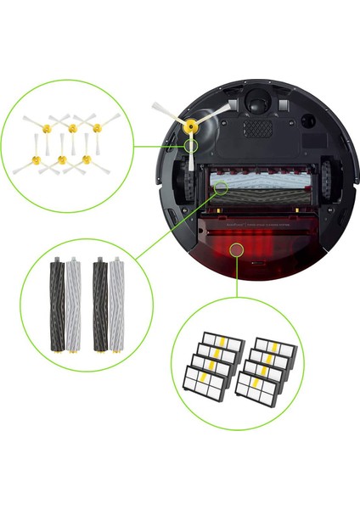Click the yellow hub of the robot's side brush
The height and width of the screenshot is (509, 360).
[x=190, y=126]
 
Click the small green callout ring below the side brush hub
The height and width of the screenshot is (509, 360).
[x=194, y=147]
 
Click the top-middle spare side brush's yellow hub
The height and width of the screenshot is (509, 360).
[x=72, y=128]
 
